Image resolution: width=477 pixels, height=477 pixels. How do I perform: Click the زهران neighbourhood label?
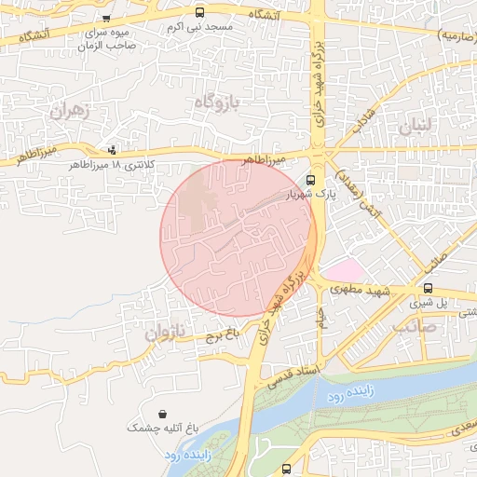(x=65, y=111)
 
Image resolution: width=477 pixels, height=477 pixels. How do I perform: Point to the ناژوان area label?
(x=167, y=331)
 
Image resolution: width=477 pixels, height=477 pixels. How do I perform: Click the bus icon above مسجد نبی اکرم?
(x=200, y=13)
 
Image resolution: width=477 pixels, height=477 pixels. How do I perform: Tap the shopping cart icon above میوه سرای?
(x=107, y=18)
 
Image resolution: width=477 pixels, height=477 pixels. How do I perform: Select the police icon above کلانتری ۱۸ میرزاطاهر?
(x=113, y=148)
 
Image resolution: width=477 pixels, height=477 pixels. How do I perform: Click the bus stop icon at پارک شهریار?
(x=311, y=180)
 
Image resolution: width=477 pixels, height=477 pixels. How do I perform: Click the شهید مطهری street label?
(x=360, y=291)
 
